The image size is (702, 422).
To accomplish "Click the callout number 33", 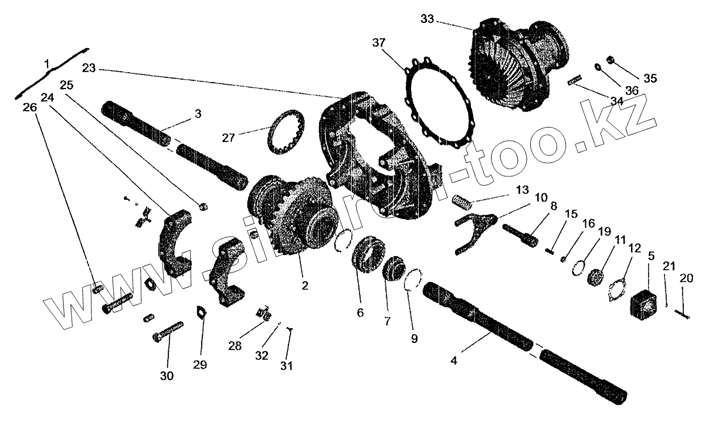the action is click(428, 19).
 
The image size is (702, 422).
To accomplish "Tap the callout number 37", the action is click(379, 43).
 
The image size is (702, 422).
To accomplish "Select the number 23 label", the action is click(89, 68).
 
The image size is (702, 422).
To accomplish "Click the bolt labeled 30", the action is click(168, 335).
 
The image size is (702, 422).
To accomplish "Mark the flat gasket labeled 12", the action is click(616, 290).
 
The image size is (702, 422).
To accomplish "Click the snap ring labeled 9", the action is click(415, 278).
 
